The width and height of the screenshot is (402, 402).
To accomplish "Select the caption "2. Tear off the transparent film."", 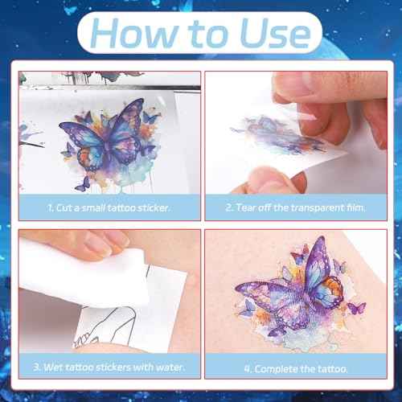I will click(x=294, y=208).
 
